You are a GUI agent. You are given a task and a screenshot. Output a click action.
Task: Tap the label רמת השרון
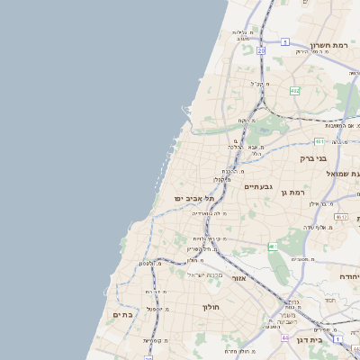tap(328, 45)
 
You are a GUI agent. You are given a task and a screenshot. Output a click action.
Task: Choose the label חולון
tap(211, 306)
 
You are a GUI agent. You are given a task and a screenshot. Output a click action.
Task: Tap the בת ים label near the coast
tap(122, 315)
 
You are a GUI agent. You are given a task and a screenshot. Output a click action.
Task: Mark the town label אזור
tap(238, 278)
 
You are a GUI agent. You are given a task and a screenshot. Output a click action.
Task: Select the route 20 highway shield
tap(261, 51)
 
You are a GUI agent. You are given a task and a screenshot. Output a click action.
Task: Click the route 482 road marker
tap(294, 90)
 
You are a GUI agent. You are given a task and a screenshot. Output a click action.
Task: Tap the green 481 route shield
tap(319, 141)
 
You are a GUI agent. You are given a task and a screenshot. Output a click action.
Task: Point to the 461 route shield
tap(272, 247)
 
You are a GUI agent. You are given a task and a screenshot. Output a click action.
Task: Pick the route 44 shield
tap(284, 337)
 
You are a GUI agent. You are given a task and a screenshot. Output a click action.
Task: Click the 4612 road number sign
tap(340, 217)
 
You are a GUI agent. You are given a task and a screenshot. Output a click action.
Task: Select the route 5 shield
tap(284, 41)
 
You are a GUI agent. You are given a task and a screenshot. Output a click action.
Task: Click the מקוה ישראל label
tap(203, 274)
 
